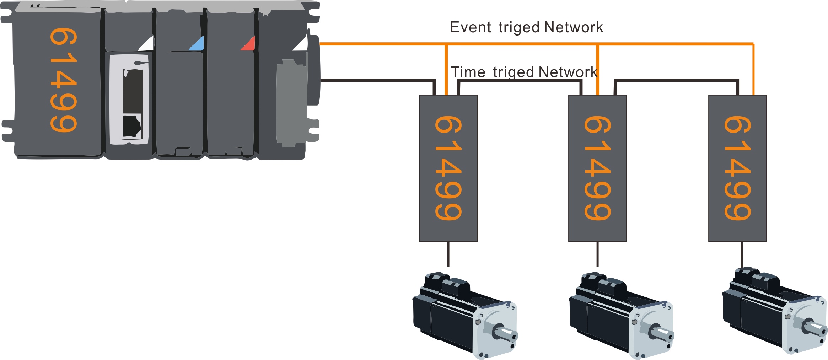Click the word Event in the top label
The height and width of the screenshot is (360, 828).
tap(471, 27)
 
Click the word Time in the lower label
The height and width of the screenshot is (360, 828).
tap(468, 72)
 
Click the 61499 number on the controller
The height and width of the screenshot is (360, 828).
tap(63, 80)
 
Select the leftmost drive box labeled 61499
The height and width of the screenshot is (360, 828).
tap(448, 168)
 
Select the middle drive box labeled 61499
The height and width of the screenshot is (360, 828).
tap(597, 168)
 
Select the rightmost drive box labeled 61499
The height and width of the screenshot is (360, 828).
tap(737, 168)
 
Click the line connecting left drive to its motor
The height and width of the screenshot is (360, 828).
tap(448, 254)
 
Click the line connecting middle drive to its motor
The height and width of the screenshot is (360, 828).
tap(597, 254)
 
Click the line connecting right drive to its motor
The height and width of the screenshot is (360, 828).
tap(742, 254)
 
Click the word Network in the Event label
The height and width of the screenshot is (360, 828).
tap(574, 27)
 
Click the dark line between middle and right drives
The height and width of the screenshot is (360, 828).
tap(675, 81)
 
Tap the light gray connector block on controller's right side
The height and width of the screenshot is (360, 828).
tap(291, 103)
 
